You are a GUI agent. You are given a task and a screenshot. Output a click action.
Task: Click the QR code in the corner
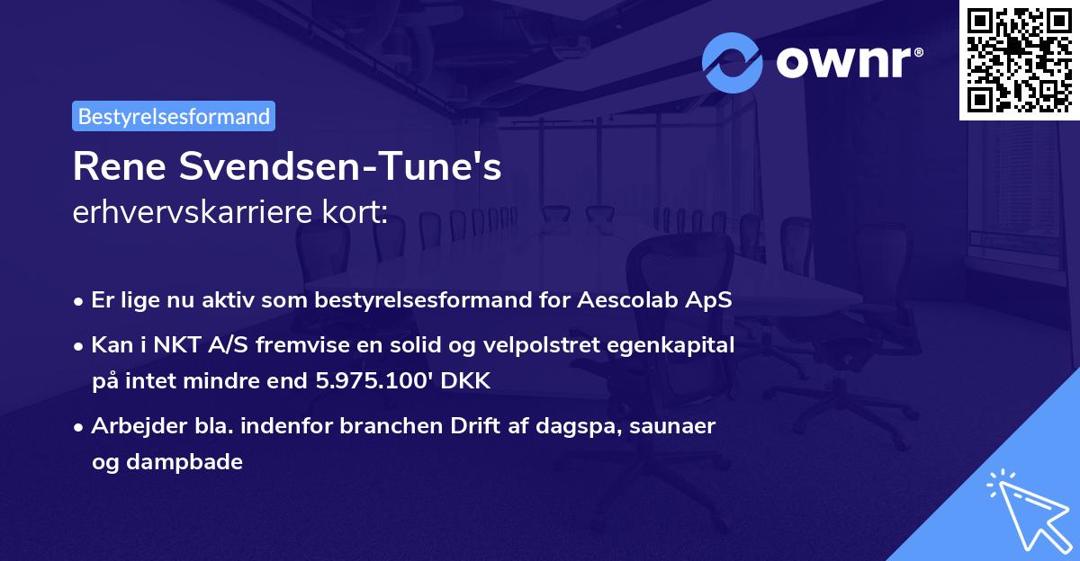(1020, 59)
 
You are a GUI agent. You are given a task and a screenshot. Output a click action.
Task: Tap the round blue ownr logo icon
(732, 63)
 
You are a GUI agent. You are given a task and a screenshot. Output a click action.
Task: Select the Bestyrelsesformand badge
(174, 116)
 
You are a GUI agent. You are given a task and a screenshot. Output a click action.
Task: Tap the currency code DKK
(466, 381)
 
